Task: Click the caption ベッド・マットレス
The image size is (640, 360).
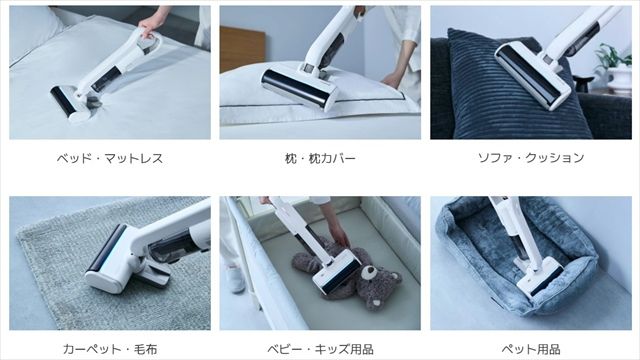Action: click(110, 158)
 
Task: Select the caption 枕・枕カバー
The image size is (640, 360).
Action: click(320, 158)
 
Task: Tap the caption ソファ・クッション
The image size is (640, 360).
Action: click(530, 158)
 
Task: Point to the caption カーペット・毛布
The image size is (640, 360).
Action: click(110, 348)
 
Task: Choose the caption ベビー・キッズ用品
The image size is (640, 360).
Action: click(320, 348)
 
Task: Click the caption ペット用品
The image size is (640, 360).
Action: click(530, 348)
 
